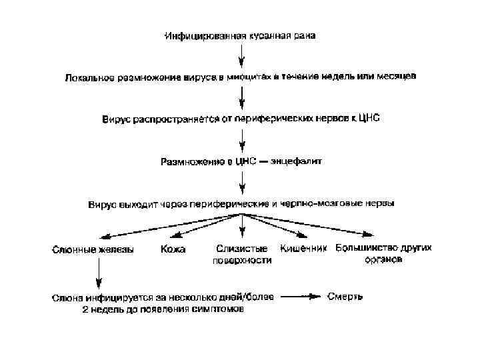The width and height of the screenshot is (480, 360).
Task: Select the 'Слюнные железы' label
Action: pyautogui.click(x=93, y=250)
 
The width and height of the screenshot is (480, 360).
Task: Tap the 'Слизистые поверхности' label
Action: pyautogui.click(x=233, y=255)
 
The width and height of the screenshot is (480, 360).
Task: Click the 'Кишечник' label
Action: pyautogui.click(x=303, y=248)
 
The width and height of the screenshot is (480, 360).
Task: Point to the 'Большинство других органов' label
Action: pyautogui.click(x=383, y=253)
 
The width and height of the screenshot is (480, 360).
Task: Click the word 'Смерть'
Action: pyautogui.click(x=345, y=295)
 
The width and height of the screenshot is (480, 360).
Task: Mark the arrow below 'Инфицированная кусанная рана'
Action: pyautogui.click(x=241, y=56)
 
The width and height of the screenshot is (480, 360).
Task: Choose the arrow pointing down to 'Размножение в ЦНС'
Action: pyautogui.click(x=241, y=141)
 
